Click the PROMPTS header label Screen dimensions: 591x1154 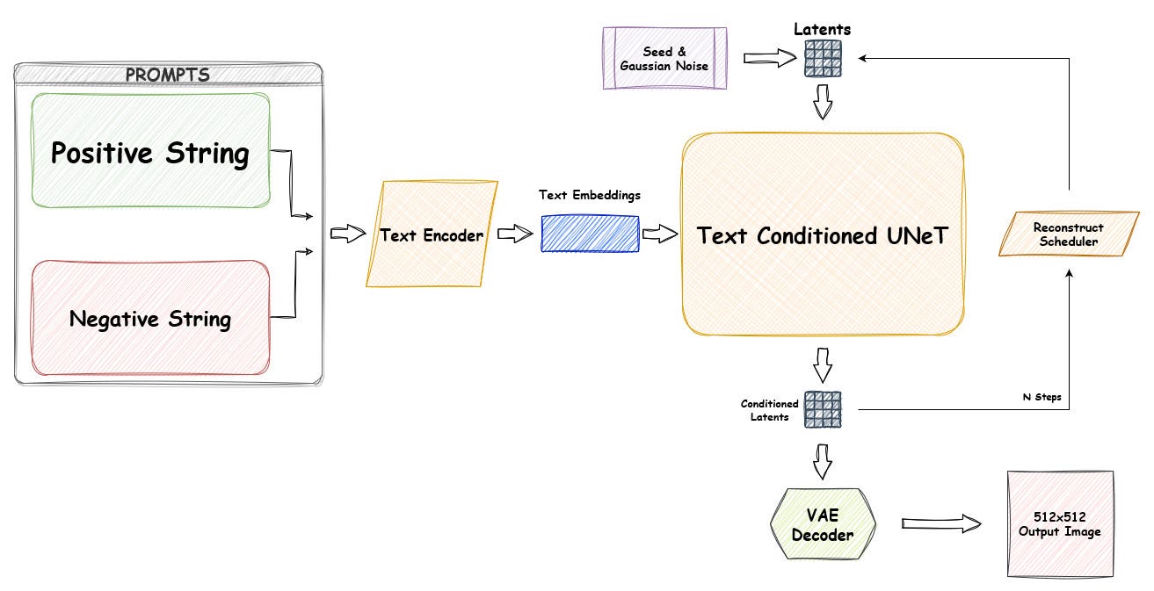(167, 75)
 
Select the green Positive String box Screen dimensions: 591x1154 (150, 151)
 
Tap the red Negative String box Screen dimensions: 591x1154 (150, 318)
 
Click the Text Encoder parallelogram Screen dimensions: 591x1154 (431, 235)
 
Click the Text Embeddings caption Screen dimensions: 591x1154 (589, 195)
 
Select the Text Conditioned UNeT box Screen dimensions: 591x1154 (823, 235)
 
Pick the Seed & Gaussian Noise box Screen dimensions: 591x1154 (664, 59)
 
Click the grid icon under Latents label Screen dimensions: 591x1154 (823, 59)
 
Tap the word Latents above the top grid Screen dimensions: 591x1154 (823, 29)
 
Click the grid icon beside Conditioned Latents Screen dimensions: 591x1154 (823, 409)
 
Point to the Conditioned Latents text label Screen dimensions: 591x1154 (770, 410)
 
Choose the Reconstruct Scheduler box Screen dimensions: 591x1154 (1068, 234)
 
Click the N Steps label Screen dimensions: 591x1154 (1042, 397)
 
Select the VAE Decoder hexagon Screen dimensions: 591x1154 (823, 524)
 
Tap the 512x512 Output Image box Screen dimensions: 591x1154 (1059, 524)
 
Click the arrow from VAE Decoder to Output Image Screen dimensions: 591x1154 (941, 524)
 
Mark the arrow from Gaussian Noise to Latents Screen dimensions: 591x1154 (768, 59)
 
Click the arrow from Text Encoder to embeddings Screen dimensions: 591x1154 (516, 234)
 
